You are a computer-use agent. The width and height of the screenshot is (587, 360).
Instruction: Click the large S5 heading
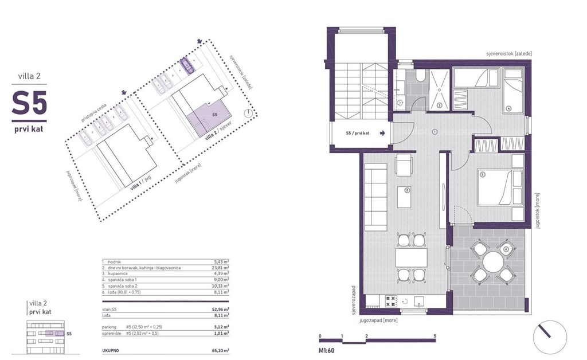tap(29, 104)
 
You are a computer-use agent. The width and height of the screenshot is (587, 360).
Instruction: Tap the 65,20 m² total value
tap(218, 350)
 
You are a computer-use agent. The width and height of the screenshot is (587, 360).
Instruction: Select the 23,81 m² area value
tap(220, 267)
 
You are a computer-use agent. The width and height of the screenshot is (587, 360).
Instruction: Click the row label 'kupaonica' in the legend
tap(113, 273)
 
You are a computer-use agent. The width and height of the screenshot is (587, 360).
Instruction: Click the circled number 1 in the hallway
tap(435, 131)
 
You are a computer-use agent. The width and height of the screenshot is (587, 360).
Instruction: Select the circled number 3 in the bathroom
tap(439, 105)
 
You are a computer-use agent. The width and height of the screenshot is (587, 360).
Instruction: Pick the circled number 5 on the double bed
tap(483, 174)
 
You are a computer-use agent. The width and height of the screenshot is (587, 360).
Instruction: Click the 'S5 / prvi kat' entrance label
tap(358, 133)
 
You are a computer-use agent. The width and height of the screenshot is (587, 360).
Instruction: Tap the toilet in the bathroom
tap(420, 77)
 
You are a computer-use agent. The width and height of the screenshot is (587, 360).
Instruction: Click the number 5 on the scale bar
tap(435, 336)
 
